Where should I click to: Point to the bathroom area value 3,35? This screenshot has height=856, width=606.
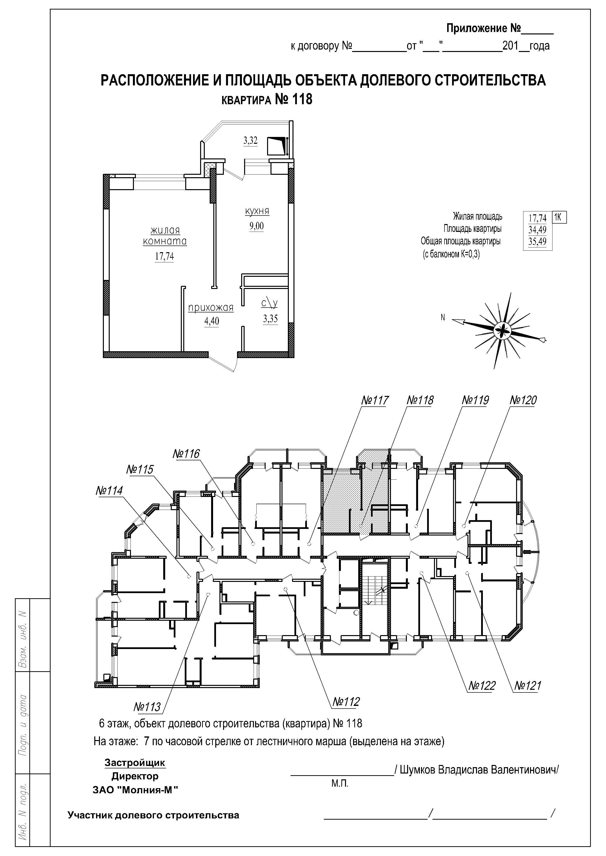271,319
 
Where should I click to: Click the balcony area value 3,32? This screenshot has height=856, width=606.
250,141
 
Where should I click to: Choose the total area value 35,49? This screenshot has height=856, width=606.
537,242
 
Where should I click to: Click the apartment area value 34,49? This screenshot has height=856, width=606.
537,230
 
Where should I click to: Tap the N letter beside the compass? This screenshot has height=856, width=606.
443,318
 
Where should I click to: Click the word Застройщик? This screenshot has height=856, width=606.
135,763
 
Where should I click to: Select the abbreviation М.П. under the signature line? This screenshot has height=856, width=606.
340,783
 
